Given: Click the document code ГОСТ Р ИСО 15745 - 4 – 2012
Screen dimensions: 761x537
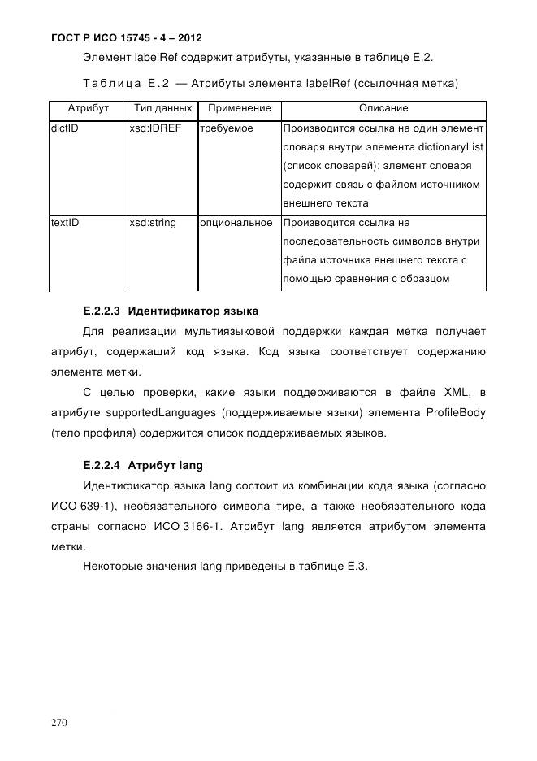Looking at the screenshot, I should click(x=127, y=37).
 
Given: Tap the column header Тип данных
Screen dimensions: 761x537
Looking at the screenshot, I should click(x=162, y=108).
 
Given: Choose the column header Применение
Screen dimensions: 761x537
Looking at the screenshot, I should click(x=239, y=108).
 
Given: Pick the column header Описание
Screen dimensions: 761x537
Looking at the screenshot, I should click(x=383, y=108).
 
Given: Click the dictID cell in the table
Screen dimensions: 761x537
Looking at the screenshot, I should click(x=65, y=128).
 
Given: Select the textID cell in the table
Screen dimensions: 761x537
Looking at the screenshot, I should click(x=65, y=222).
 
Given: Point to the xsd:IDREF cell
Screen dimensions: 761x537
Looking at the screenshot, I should click(x=156, y=128).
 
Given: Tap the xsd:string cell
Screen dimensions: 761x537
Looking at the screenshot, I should click(x=153, y=222).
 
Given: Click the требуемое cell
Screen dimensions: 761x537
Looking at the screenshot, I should click(x=227, y=128).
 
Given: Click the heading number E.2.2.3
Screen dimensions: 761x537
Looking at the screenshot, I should click(x=102, y=311).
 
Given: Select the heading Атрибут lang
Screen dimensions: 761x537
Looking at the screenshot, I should click(x=165, y=466).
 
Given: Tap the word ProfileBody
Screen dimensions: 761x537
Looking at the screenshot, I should click(x=456, y=413).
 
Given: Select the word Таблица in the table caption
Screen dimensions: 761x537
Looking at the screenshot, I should click(x=110, y=83).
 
